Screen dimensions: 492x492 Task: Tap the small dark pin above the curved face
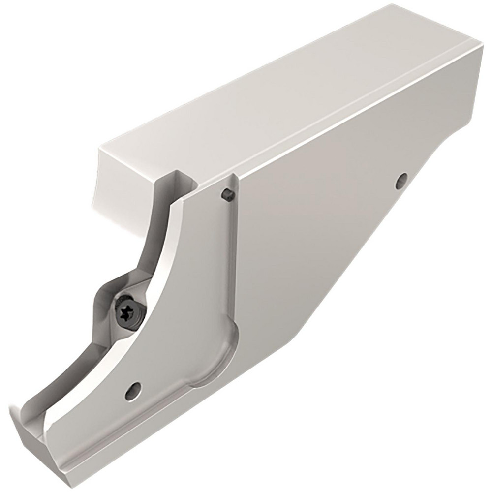point(227,194)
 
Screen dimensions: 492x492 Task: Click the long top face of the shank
point(276,98)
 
